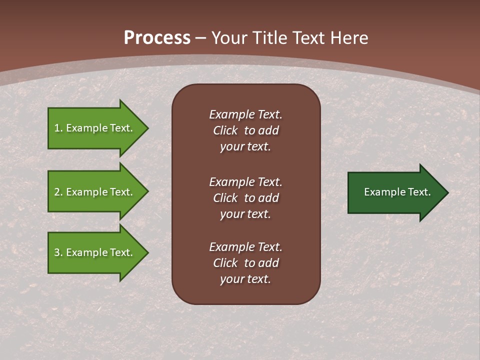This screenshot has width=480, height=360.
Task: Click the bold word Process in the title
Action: [157, 38]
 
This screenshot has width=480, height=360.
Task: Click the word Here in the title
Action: [350, 38]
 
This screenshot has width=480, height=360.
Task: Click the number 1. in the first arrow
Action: [58, 128]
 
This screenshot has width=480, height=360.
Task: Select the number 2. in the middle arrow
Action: [58, 192]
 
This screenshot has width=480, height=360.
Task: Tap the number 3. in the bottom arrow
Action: [58, 252]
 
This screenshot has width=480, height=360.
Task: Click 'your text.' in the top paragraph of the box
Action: [245, 146]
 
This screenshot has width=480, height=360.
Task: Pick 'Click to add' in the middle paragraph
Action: [245, 198]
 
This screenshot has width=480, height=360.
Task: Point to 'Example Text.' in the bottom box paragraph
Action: [245, 247]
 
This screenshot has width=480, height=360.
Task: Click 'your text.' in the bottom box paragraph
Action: [245, 279]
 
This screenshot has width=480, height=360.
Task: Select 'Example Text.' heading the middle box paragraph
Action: [245, 182]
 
